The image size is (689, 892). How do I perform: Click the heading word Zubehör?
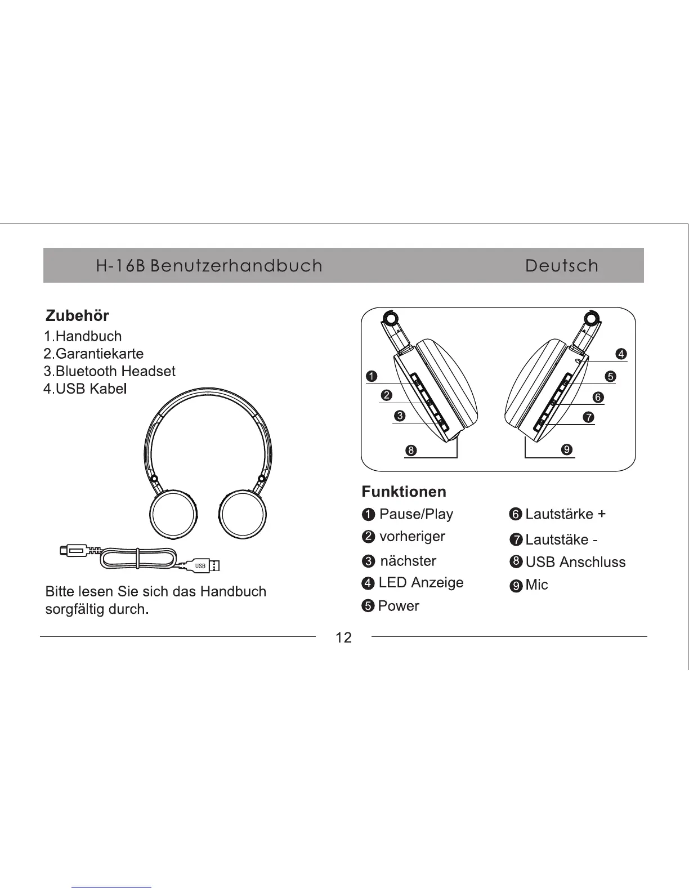pyautogui.click(x=77, y=315)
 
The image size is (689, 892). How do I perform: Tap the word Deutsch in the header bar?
pyautogui.click(x=561, y=266)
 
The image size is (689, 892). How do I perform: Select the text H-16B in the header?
pyautogui.click(x=120, y=266)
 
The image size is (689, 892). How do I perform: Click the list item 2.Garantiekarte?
pyautogui.click(x=93, y=354)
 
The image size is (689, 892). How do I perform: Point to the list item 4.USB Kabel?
pyautogui.click(x=85, y=389)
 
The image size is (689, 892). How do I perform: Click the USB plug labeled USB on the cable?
pyautogui.click(x=202, y=565)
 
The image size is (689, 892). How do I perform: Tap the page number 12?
pyautogui.click(x=343, y=637)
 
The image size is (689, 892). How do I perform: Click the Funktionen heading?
pyautogui.click(x=404, y=492)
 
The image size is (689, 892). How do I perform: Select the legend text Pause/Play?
pyautogui.click(x=416, y=514)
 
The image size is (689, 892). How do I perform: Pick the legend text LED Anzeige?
pyautogui.click(x=421, y=583)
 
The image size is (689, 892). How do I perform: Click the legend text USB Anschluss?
pyautogui.click(x=575, y=562)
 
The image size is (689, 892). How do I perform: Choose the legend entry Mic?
pyautogui.click(x=536, y=585)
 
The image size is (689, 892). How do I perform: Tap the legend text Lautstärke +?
pyautogui.click(x=565, y=514)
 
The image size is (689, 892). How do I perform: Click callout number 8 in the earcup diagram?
pyautogui.click(x=411, y=451)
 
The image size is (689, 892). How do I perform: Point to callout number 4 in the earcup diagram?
pyautogui.click(x=621, y=354)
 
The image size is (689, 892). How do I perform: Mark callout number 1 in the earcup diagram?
pyautogui.click(x=371, y=376)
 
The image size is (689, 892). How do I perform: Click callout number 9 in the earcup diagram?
pyautogui.click(x=567, y=449)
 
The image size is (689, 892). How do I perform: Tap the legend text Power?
pyautogui.click(x=399, y=606)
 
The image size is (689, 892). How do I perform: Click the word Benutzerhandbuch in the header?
pyautogui.click(x=236, y=266)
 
